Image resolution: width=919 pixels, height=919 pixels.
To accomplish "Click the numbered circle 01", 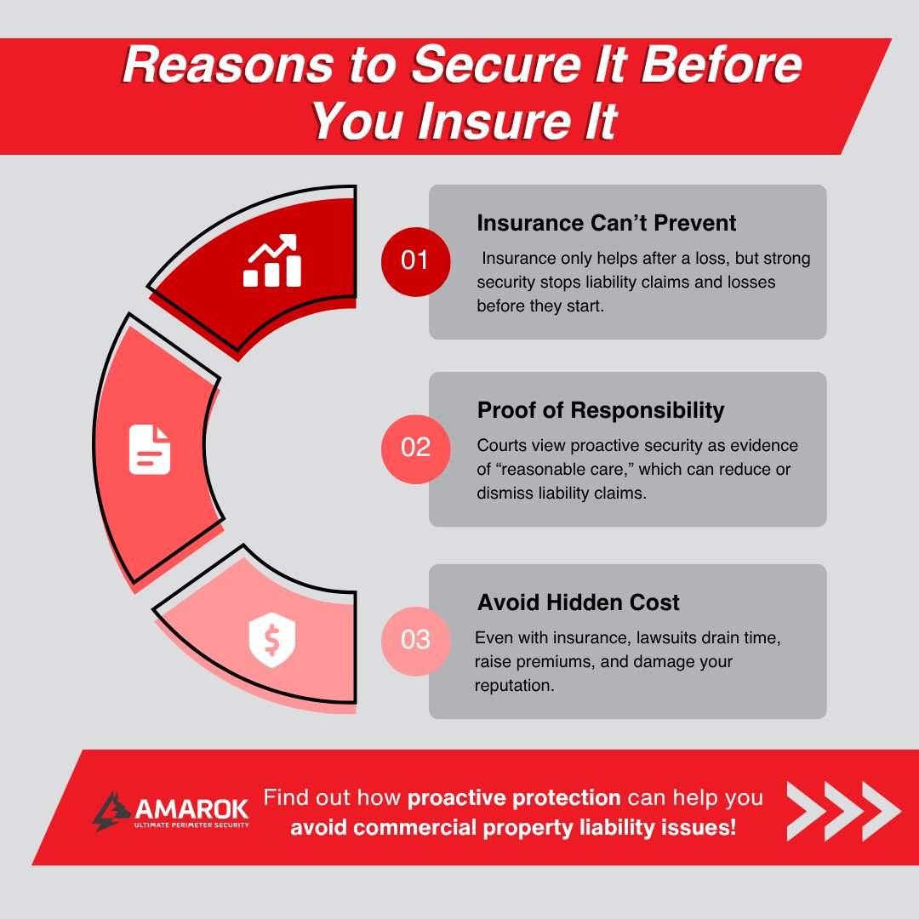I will (x=414, y=260).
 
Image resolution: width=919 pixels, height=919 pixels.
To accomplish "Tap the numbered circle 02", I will (x=414, y=448).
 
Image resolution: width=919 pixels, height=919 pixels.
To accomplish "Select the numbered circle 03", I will (x=414, y=639).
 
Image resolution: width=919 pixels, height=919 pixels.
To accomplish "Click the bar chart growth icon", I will (x=272, y=261).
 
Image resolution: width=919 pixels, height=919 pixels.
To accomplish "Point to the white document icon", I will (x=150, y=449).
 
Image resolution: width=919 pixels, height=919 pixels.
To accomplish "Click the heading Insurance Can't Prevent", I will (x=606, y=223).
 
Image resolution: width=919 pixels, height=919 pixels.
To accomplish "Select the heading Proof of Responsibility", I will (x=601, y=410).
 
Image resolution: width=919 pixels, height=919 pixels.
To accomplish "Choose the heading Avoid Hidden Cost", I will (x=579, y=602).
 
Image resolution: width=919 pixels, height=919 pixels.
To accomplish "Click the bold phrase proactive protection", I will (x=514, y=798).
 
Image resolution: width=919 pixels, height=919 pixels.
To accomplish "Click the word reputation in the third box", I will (x=515, y=684).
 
